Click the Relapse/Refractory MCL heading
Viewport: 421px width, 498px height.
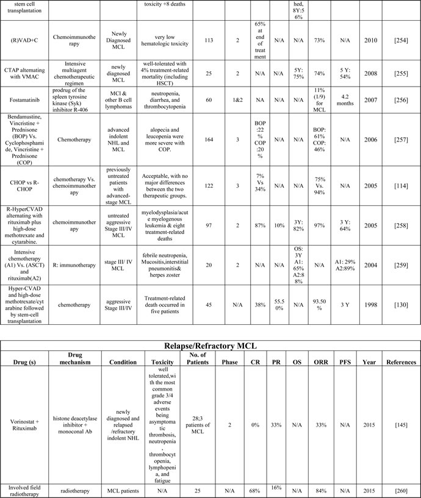point(210,347)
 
